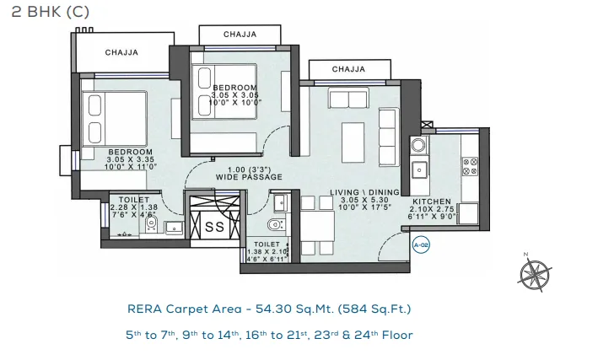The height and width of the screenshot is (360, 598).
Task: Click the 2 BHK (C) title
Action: (51, 12)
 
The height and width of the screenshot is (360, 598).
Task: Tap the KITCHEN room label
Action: (432, 201)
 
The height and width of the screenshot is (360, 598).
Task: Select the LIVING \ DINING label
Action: (364, 192)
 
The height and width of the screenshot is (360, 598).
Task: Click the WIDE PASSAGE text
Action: (249, 177)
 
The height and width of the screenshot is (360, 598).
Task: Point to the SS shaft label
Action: (214, 227)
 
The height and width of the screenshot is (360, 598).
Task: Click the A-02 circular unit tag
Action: (422, 244)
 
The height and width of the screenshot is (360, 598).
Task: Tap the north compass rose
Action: (535, 273)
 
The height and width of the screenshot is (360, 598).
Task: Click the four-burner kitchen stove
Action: (471, 167)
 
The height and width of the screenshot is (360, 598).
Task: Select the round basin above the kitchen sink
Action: (418, 146)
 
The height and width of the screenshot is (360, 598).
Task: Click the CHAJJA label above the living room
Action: (348, 69)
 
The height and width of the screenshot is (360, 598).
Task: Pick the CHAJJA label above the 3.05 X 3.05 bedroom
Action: (240, 35)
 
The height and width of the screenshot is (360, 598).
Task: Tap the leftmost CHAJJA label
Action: (121, 52)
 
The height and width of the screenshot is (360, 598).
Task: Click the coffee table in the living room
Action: (353, 142)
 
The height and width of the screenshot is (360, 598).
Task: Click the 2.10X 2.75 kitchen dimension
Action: (432, 209)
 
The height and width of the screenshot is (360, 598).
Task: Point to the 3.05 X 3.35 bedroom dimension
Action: (131, 159)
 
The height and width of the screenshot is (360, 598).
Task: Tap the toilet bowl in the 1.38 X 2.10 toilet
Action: (275, 224)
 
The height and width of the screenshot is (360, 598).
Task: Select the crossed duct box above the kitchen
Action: (427, 125)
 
